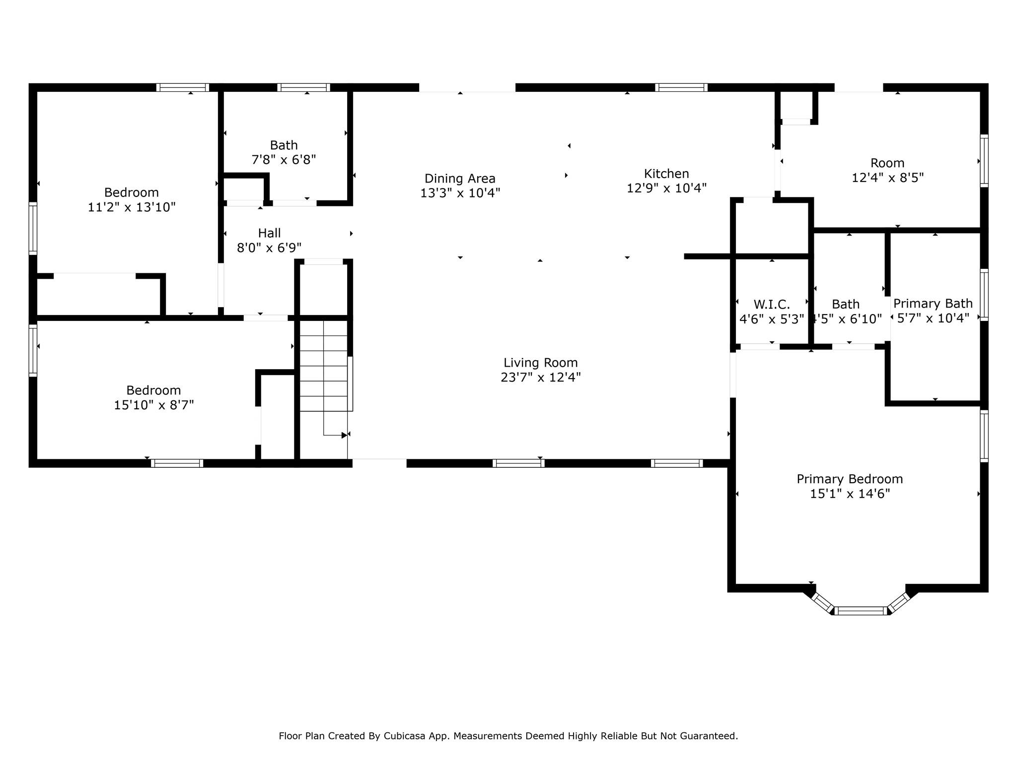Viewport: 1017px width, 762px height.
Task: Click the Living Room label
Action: pyautogui.click(x=540, y=363)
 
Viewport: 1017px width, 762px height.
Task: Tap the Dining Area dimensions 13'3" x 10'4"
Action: pyautogui.click(x=460, y=193)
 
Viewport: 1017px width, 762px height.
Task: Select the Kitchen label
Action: pyautogui.click(x=666, y=174)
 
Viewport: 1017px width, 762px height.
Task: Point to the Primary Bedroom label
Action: pyautogui.click(x=850, y=479)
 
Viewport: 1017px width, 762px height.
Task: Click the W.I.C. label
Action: pyautogui.click(x=771, y=304)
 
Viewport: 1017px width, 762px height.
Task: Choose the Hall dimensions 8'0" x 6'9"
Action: pyautogui.click(x=269, y=248)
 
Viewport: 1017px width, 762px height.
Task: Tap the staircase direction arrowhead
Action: pyautogui.click(x=344, y=435)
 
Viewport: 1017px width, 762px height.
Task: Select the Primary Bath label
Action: pyautogui.click(x=933, y=303)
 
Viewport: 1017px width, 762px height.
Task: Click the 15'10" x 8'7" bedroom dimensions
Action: pyautogui.click(x=154, y=405)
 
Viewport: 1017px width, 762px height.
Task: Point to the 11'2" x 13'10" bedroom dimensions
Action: pyautogui.click(x=132, y=207)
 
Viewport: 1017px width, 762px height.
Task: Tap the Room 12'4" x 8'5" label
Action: pyautogui.click(x=887, y=163)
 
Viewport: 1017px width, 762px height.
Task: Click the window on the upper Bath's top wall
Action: pyautogui.click(x=303, y=87)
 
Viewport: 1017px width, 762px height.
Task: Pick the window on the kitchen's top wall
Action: pyautogui.click(x=681, y=87)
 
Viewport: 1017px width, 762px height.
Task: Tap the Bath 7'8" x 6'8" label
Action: pyautogui.click(x=284, y=145)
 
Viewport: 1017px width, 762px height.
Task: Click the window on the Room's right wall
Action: pyautogui.click(x=984, y=161)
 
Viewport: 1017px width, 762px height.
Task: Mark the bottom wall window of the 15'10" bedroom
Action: pyautogui.click(x=177, y=463)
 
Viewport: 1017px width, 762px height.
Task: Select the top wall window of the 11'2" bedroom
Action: pyautogui.click(x=182, y=87)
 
